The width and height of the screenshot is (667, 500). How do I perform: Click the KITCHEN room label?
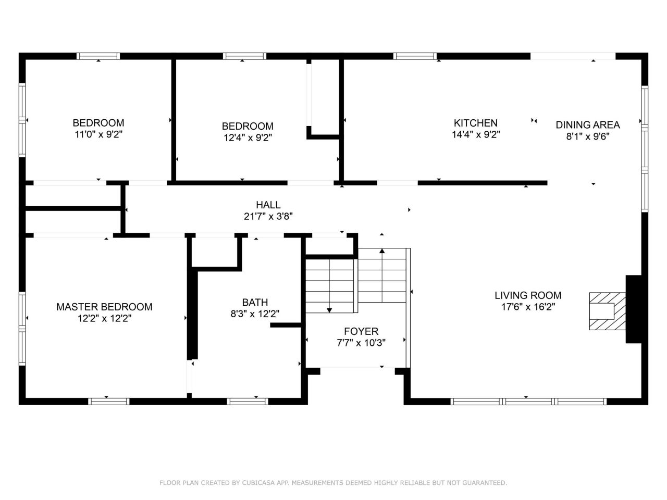point(475,123)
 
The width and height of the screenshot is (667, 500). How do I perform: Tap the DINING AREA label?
point(587,125)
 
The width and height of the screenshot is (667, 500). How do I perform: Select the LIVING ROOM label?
point(528,295)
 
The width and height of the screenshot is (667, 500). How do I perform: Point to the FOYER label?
point(361,331)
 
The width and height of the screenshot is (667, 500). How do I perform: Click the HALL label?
point(268,205)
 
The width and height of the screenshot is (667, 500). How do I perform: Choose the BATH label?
point(255,302)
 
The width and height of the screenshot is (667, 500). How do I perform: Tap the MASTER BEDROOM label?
point(104,307)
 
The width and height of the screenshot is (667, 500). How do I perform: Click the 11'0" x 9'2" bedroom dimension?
point(98,134)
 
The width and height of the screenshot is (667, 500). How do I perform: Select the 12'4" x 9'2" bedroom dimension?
point(248,137)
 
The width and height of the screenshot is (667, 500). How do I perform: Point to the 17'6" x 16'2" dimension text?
point(528,307)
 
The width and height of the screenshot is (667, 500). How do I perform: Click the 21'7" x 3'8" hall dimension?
point(268,216)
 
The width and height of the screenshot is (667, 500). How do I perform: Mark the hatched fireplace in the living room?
point(607,311)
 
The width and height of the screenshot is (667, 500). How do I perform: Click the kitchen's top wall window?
point(415,56)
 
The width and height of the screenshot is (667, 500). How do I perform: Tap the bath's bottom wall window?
point(248,402)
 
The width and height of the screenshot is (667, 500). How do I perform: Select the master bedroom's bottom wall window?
point(109,402)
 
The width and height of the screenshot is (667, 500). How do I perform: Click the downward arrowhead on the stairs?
point(329,310)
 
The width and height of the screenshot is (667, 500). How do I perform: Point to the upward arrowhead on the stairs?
point(382,251)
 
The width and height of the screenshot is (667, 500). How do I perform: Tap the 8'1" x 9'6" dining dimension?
point(588,136)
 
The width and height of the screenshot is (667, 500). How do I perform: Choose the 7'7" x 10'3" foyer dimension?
point(361,342)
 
